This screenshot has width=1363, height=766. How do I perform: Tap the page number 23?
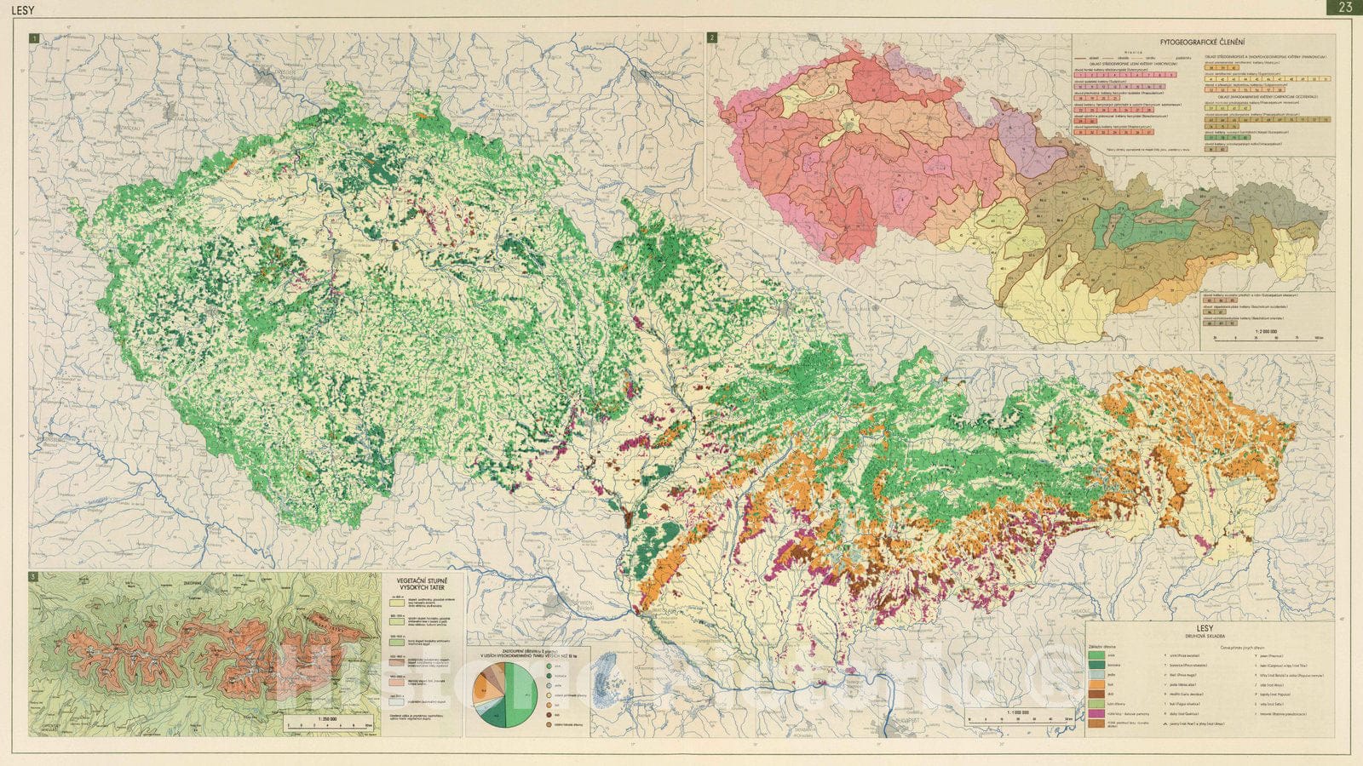(1345, 8)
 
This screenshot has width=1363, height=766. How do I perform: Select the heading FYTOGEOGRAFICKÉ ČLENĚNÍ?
(1203, 43)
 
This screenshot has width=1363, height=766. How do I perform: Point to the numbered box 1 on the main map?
(34, 38)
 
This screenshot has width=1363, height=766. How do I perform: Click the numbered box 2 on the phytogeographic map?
(712, 38)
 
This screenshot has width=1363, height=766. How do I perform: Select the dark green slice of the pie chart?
(492, 713)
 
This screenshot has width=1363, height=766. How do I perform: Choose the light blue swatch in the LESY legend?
(1101, 672)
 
